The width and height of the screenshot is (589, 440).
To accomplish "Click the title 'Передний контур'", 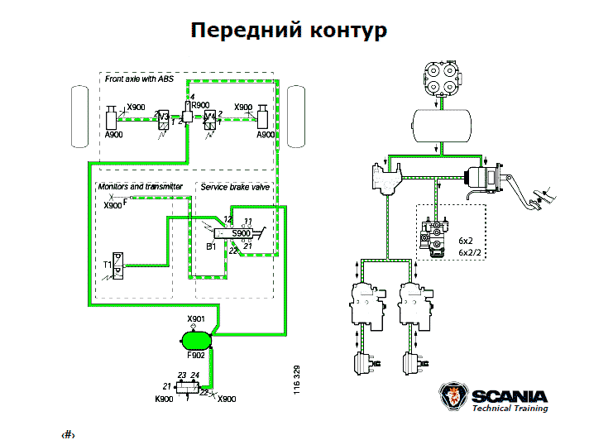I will tap(289, 31).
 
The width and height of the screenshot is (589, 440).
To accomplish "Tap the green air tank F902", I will tap(197, 337).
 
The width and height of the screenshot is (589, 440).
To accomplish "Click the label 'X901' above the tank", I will tap(195, 319).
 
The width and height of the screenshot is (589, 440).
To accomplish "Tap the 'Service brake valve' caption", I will tap(235, 188).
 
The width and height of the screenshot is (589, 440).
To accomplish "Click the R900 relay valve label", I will tap(200, 106).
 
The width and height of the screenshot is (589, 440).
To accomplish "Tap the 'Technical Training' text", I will tap(509, 408).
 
